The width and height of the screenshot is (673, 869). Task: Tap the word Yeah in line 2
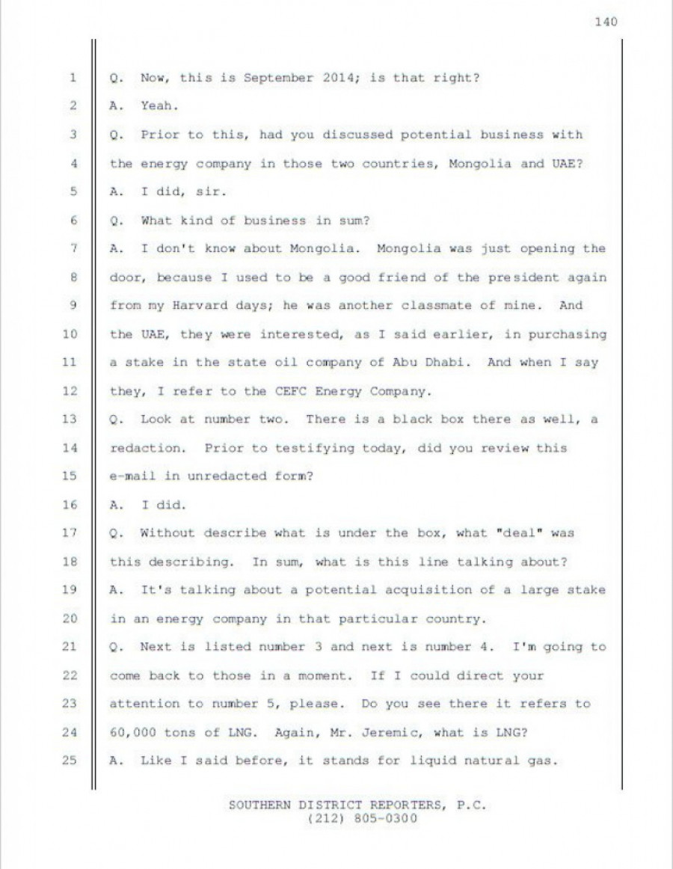(159, 107)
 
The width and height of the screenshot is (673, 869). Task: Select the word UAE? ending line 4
(565, 164)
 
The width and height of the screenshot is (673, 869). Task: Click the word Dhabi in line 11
(455, 363)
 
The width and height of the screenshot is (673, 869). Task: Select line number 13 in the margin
(71, 420)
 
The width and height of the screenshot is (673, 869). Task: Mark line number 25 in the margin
(71, 761)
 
